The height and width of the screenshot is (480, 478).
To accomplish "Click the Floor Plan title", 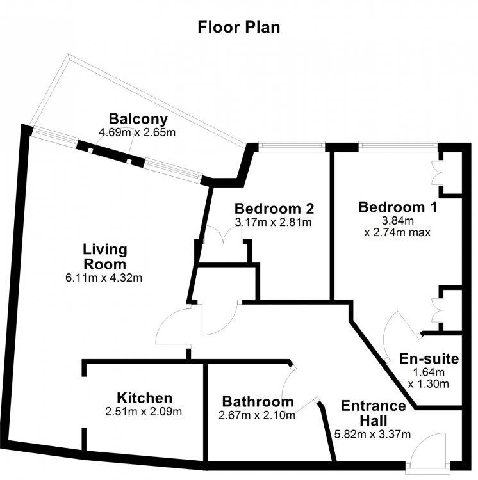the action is pyautogui.click(x=239, y=27).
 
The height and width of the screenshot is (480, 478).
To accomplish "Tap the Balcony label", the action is pyautogui.click(x=138, y=119).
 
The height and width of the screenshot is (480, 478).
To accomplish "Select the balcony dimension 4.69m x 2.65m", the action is pyautogui.click(x=137, y=132).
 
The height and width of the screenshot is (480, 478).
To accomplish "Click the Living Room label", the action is pyautogui.click(x=105, y=257).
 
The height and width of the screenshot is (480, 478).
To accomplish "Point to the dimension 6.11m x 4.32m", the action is pyautogui.click(x=104, y=278).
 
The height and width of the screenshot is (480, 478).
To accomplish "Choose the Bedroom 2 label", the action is pyautogui.click(x=274, y=209).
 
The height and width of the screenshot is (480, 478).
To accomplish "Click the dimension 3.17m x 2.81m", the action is pyautogui.click(x=274, y=222).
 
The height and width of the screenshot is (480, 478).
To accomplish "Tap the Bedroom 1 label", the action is pyautogui.click(x=398, y=207).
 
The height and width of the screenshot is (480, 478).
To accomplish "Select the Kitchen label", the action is pyautogui.click(x=144, y=398).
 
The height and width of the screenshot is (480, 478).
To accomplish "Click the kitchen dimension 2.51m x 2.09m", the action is pyautogui.click(x=144, y=412).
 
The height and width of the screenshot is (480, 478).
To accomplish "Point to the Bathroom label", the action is pyautogui.click(x=258, y=402).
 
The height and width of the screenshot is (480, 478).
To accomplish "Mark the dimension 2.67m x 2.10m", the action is pyautogui.click(x=257, y=415).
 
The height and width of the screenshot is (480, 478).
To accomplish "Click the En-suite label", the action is pyautogui.click(x=429, y=359).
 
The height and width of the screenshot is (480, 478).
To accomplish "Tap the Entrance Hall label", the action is pyautogui.click(x=374, y=413).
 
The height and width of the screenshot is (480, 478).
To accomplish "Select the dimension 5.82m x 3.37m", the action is pyautogui.click(x=372, y=434).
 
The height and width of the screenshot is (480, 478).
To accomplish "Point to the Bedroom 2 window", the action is pyautogui.click(x=292, y=146).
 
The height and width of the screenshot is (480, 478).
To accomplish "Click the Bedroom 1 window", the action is pyautogui.click(x=398, y=146).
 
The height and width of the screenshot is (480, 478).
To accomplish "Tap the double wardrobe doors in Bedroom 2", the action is pyautogui.click(x=224, y=234).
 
